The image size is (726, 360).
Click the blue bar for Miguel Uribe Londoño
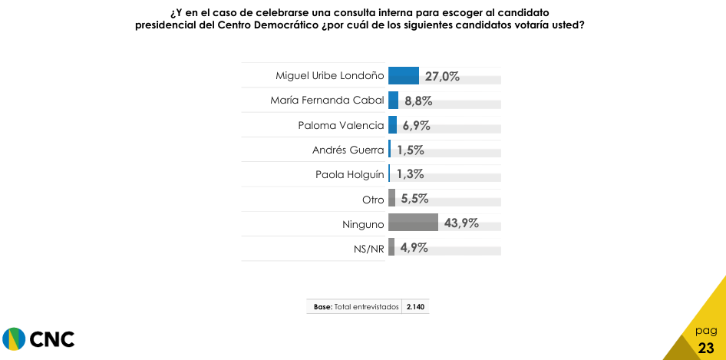click(x=404, y=75)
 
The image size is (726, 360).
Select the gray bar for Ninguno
click(x=413, y=223)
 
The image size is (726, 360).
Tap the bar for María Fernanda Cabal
click(x=393, y=100)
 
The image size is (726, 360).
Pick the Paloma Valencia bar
click(x=392, y=124)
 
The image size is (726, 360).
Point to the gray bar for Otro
click(x=391, y=198)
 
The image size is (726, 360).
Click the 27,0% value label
click(x=442, y=76)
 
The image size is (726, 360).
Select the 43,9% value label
click(x=461, y=223)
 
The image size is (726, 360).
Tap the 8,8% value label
click(x=419, y=101)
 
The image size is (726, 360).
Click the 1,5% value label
click(x=411, y=150)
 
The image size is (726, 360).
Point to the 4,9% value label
click(x=413, y=248)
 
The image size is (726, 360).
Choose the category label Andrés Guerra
click(x=348, y=150)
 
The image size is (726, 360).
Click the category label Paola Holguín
click(x=349, y=174)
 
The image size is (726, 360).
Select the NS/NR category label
click(x=368, y=248)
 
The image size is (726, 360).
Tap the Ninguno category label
click(x=363, y=223)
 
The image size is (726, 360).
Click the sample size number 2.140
click(x=416, y=307)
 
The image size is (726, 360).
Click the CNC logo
click(x=38, y=339)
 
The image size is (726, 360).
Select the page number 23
click(x=706, y=348)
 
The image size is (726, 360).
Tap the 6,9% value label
click(x=415, y=125)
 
